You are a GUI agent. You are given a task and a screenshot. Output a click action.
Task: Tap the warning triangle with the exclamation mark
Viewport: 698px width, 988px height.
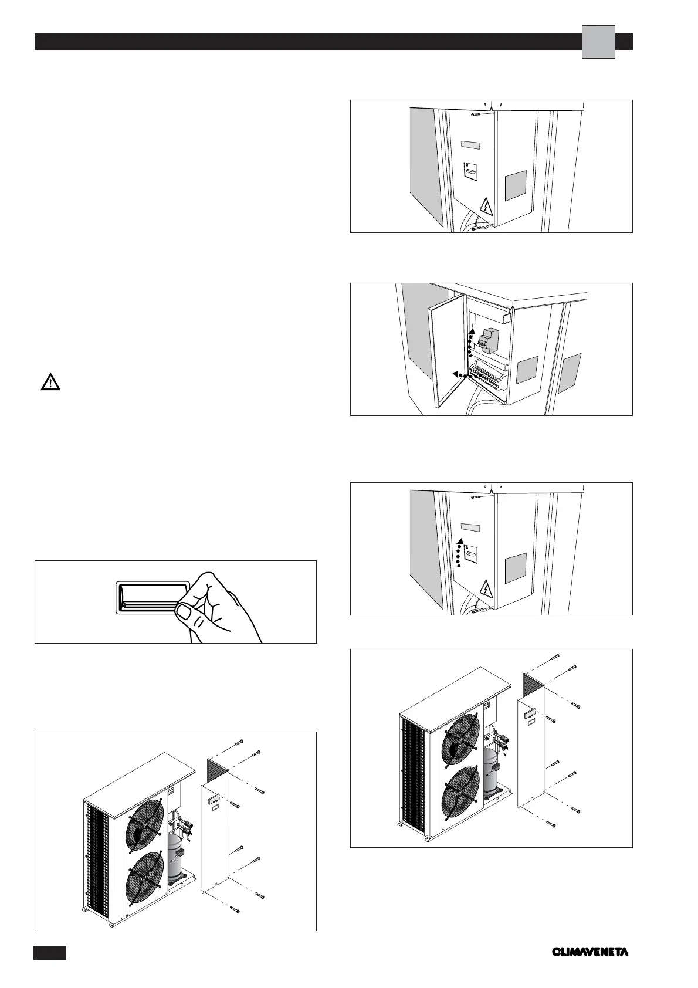point(51,384)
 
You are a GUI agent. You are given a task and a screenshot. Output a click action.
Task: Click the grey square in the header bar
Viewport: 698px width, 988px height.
point(598,42)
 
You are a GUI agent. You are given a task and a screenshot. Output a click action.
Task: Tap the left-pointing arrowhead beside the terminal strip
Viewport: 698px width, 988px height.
point(455,374)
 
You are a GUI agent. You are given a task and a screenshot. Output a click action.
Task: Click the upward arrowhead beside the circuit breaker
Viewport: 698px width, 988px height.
point(470,332)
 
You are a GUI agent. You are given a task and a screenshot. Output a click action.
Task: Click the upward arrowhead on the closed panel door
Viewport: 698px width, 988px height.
point(460,541)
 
